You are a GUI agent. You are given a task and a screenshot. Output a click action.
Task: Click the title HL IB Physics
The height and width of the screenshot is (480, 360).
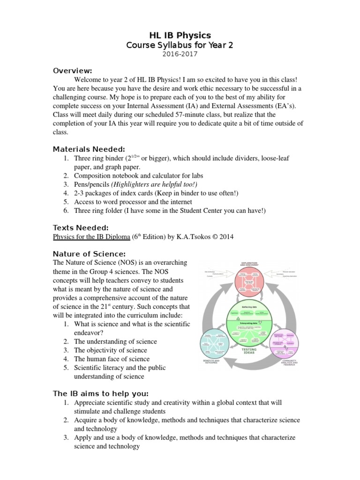(x=180, y=35)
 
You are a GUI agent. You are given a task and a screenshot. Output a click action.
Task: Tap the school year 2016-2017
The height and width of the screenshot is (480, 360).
(x=180, y=54)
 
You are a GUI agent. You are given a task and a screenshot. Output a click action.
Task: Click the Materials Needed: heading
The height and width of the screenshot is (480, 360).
(x=89, y=149)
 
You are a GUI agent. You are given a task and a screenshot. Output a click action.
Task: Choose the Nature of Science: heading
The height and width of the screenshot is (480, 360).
(x=90, y=254)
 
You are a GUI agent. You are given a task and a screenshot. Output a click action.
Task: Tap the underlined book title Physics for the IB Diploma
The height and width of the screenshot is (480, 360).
(x=91, y=237)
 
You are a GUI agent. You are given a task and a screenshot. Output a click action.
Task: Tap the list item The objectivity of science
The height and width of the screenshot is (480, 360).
(x=111, y=350)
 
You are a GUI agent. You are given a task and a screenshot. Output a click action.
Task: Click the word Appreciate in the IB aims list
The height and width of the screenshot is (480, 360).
(x=90, y=403)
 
